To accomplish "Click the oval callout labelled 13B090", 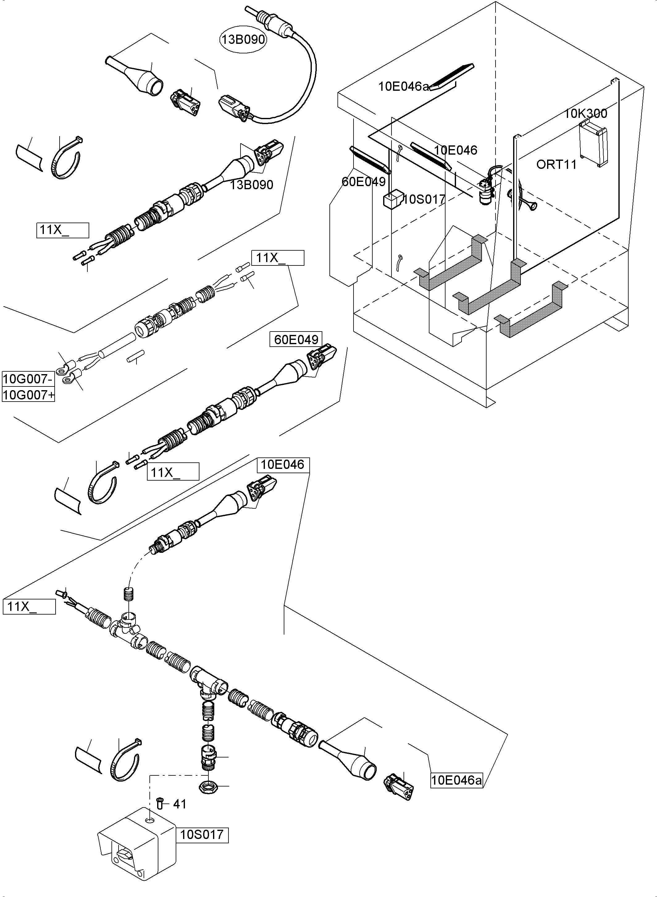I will pyautogui.click(x=243, y=40).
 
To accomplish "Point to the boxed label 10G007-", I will pyautogui.click(x=27, y=378).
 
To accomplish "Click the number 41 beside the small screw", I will pyautogui.click(x=180, y=804).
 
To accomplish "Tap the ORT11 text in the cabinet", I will pyautogui.click(x=556, y=164).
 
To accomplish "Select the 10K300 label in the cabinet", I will pyautogui.click(x=585, y=114).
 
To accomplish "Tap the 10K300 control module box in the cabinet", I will pyautogui.click(x=592, y=143).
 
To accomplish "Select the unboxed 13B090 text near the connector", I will pyautogui.click(x=252, y=185).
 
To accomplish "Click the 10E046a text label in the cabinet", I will pyautogui.click(x=403, y=86).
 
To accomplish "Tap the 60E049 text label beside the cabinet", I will pyautogui.click(x=363, y=182).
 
